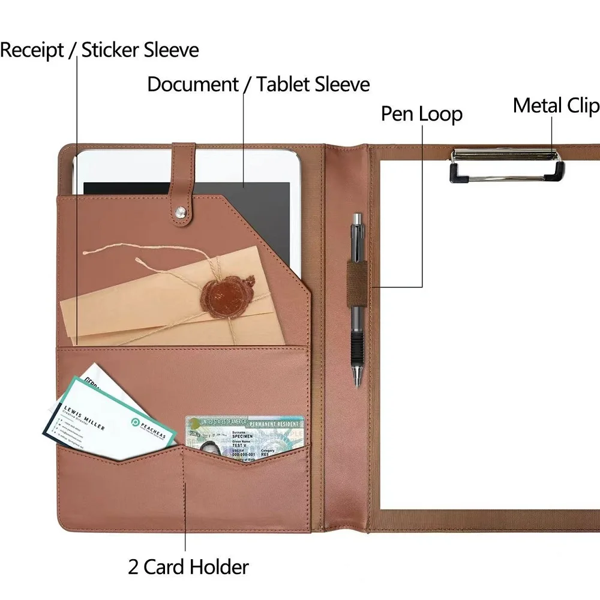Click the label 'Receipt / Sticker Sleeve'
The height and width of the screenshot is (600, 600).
[x=99, y=50]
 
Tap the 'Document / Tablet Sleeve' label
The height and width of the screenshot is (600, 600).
[x=258, y=84]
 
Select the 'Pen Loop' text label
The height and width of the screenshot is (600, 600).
[x=421, y=114]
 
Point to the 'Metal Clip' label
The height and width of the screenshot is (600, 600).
[x=556, y=106]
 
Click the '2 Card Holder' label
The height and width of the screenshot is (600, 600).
[x=188, y=566]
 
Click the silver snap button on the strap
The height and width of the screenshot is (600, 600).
[x=181, y=211]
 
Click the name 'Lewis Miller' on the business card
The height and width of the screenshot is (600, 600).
[x=84, y=418]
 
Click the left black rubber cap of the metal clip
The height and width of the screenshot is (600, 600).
[x=460, y=172]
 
